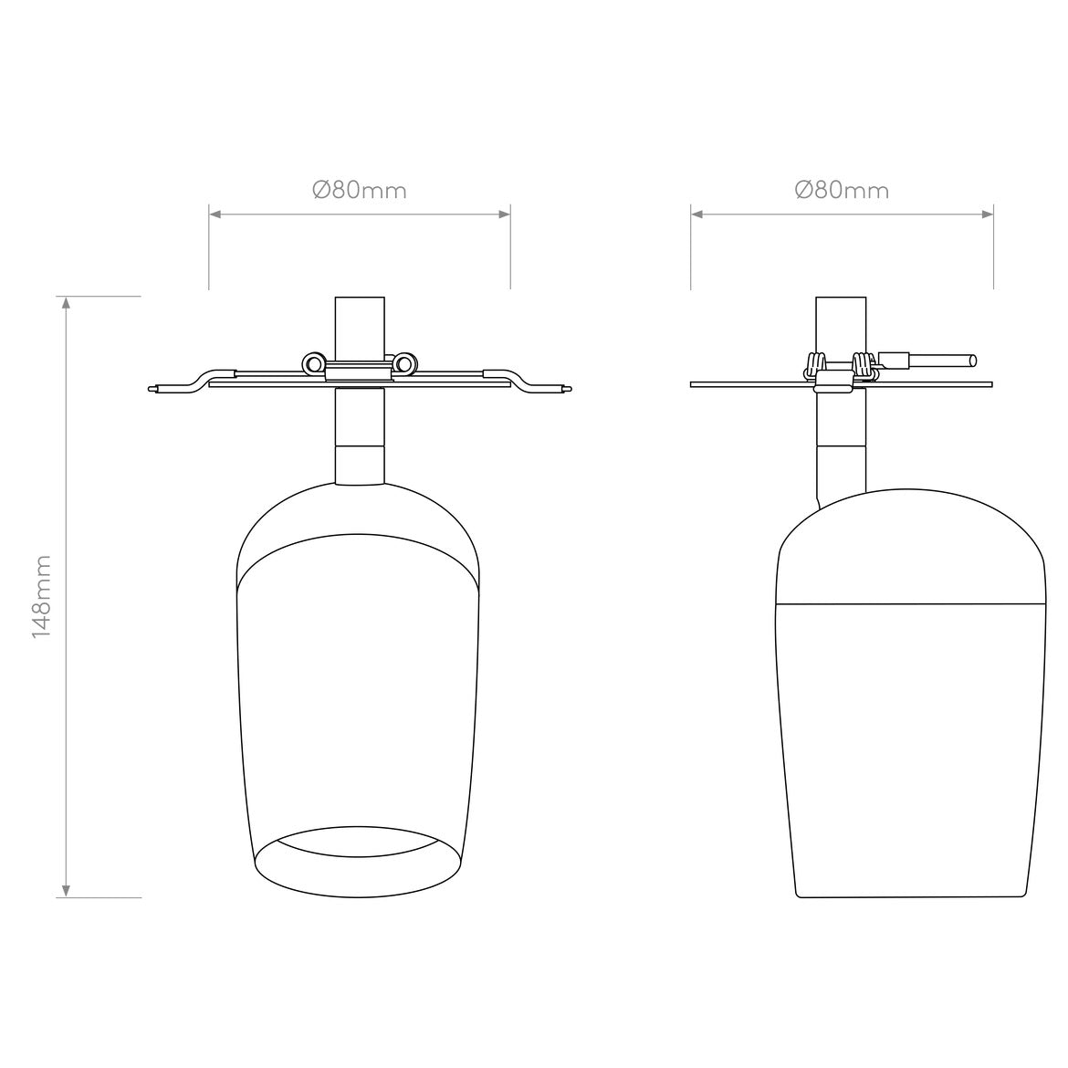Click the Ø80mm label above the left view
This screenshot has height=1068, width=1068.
360,190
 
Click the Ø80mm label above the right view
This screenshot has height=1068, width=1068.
842,190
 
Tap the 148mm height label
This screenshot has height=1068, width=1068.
42,597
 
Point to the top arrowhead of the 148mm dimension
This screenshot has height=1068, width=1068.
66,303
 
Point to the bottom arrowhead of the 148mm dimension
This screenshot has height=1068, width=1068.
66,891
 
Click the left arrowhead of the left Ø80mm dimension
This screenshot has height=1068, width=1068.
215,214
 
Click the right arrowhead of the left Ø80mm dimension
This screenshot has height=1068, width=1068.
504,214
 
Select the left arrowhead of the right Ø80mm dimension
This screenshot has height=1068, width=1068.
697,214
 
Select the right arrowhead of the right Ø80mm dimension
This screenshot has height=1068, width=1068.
986,214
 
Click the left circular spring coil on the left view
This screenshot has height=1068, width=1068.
314,364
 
